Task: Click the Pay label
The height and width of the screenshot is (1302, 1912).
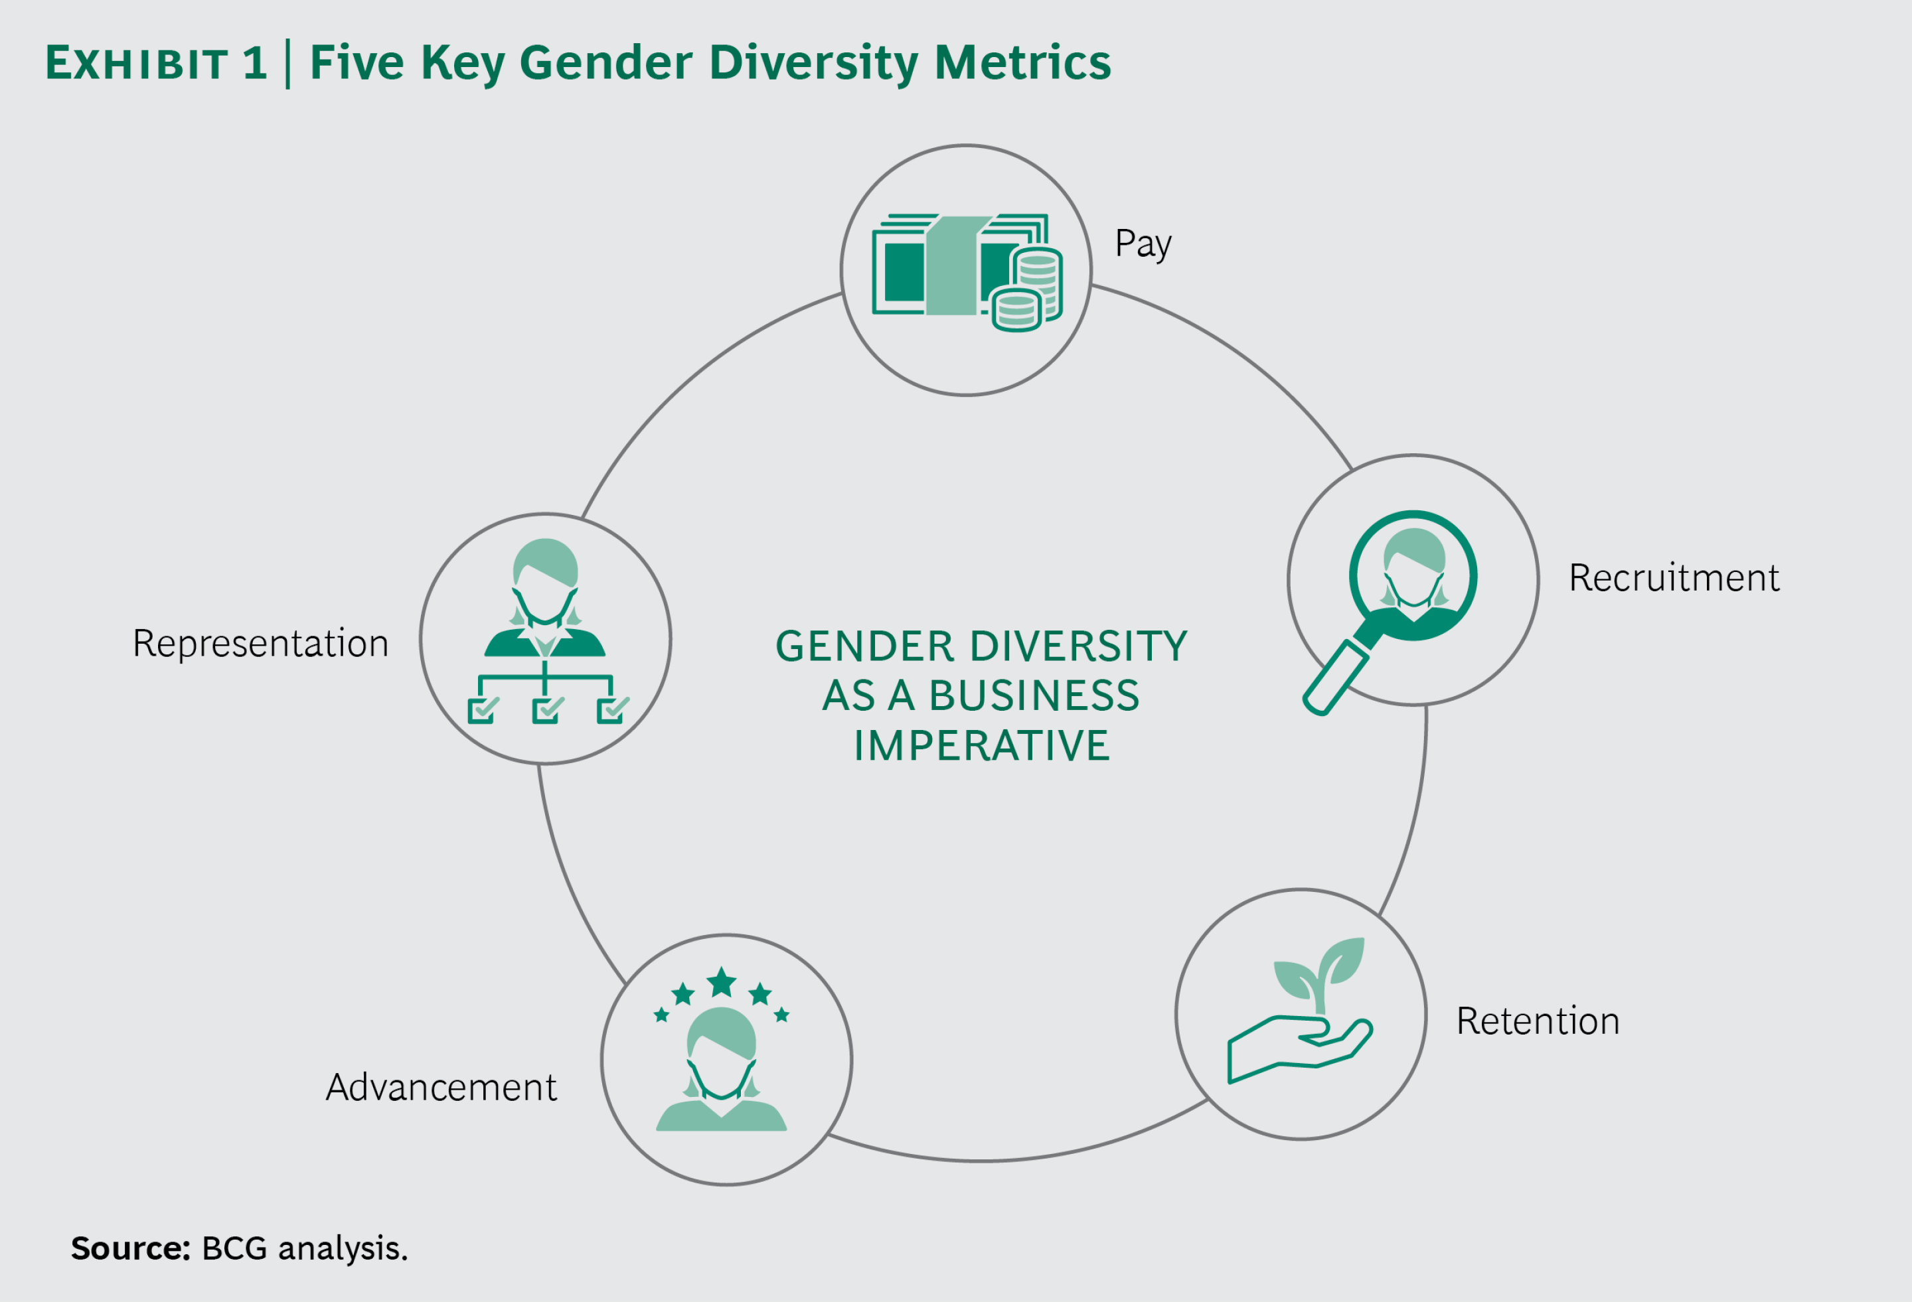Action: pyautogui.click(x=1143, y=244)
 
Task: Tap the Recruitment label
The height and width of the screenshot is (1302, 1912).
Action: pyautogui.click(x=1674, y=577)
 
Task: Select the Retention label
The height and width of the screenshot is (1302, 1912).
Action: pyautogui.click(x=1538, y=1021)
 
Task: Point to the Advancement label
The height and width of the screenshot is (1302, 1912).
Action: pyautogui.click(x=441, y=1088)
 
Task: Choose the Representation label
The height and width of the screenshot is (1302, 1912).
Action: pyautogui.click(x=261, y=643)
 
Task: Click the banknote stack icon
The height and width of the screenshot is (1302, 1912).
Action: pyautogui.click(x=946, y=265)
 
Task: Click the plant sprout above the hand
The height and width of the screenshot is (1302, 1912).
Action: pyautogui.click(x=1320, y=976)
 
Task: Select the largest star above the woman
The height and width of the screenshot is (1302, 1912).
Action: pyautogui.click(x=722, y=981)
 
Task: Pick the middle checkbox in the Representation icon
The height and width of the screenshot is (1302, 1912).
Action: pyautogui.click(x=546, y=710)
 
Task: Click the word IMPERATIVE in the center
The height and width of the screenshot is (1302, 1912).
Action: pyautogui.click(x=981, y=746)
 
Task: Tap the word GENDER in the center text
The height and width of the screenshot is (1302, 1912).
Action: pyautogui.click(x=864, y=646)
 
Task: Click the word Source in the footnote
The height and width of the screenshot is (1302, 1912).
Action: pyautogui.click(x=130, y=1248)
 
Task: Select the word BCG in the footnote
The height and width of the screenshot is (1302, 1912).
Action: pyautogui.click(x=234, y=1248)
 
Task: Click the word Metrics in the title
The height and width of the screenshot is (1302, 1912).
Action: pyautogui.click(x=1022, y=62)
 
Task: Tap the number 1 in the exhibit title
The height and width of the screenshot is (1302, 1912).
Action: pyautogui.click(x=255, y=62)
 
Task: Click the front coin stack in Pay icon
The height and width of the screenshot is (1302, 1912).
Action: pyautogui.click(x=1017, y=310)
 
